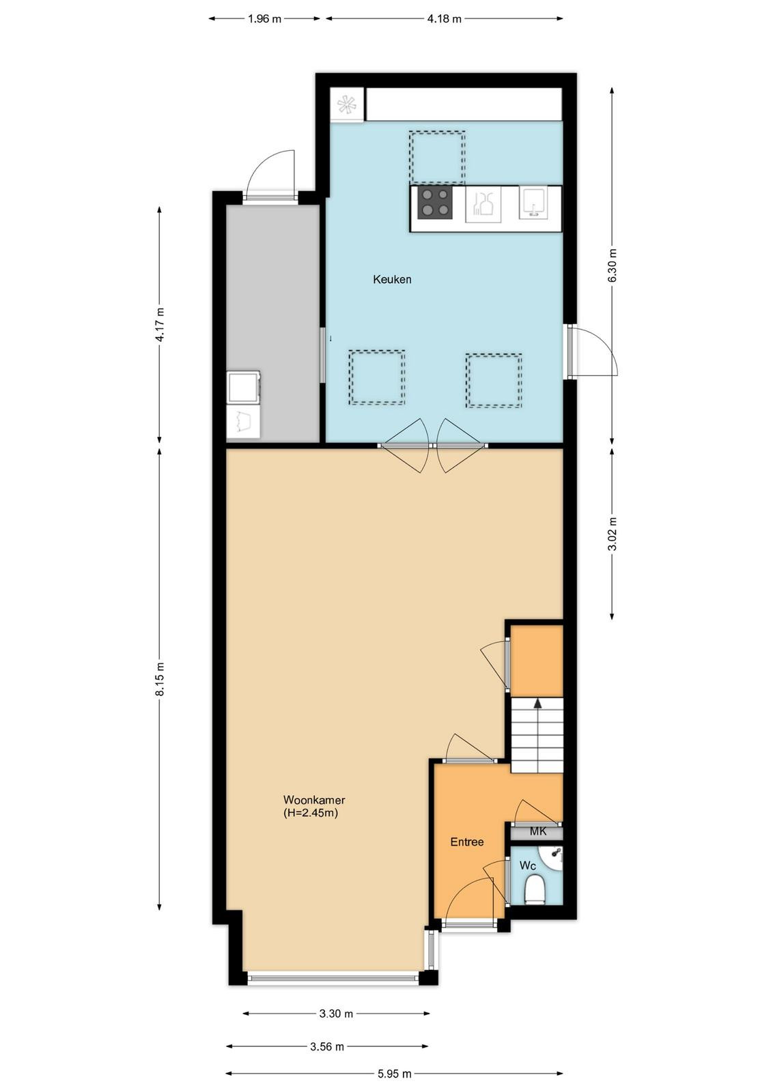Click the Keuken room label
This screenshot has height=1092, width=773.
tap(392, 279)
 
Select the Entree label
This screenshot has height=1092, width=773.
tap(466, 842)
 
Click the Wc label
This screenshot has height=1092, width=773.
tap(528, 865)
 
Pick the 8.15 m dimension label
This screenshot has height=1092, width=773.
tap(160, 680)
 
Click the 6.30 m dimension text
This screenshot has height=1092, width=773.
tap(613, 265)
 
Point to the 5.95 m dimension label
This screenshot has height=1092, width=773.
tap(394, 1070)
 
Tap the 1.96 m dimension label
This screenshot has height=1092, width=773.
tap(264, 20)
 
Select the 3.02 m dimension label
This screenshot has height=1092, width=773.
tap(613, 533)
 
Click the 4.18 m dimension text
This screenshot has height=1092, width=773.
tap(444, 20)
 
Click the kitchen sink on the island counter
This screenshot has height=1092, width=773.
tap(533, 203)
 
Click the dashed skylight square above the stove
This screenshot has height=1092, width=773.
tap(437, 156)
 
